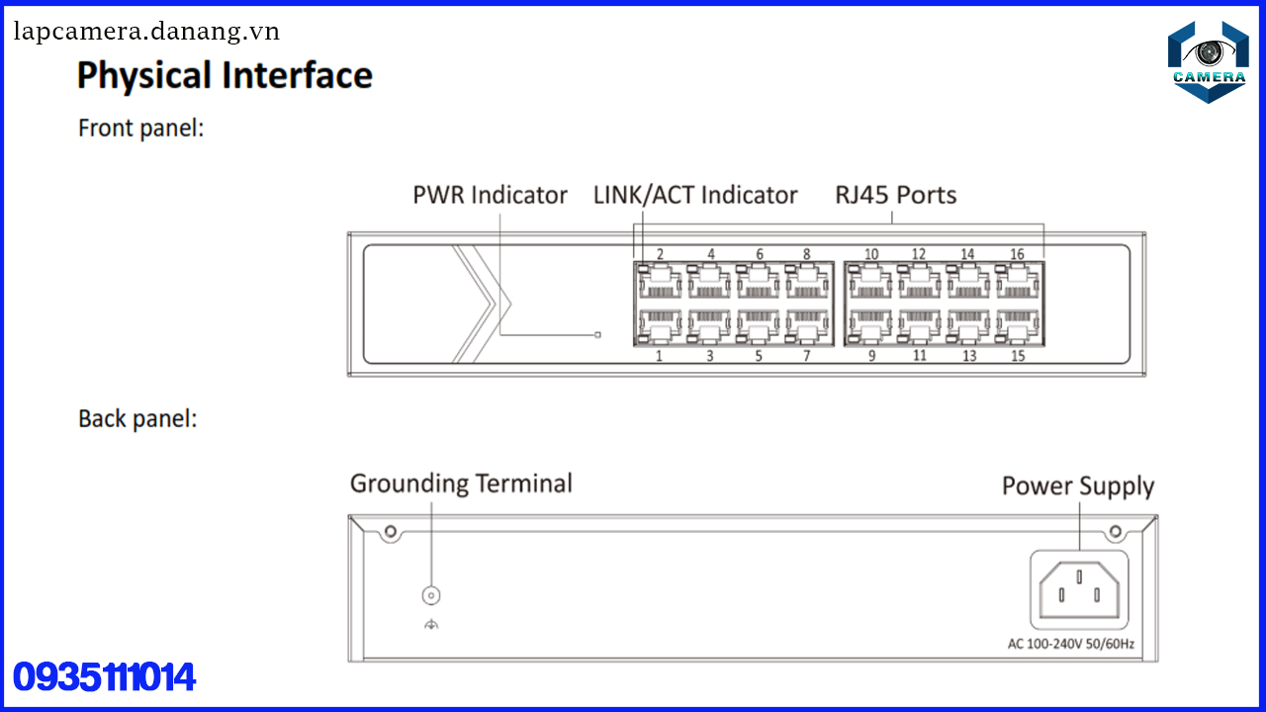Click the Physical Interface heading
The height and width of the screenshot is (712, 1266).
(225, 76)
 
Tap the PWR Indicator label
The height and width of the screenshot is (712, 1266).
(490, 195)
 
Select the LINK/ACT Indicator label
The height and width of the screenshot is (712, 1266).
(694, 195)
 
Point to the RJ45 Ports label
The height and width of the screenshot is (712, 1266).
(895, 195)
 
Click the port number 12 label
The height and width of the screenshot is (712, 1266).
(919, 254)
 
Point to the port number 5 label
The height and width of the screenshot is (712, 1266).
(759, 356)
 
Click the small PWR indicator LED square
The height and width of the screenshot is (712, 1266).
(597, 335)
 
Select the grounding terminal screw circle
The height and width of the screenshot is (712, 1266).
(431, 595)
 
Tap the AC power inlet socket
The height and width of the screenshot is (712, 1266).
(1079, 590)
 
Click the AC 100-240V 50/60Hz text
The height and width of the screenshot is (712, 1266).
(1071, 645)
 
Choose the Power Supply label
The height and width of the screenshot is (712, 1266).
(1078, 487)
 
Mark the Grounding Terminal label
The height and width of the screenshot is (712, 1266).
(461, 484)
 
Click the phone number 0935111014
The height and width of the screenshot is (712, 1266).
(104, 677)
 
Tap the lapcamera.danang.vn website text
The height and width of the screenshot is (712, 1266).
(146, 32)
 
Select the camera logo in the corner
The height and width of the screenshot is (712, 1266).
(1208, 61)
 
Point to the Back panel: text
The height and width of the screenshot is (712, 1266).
(137, 418)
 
